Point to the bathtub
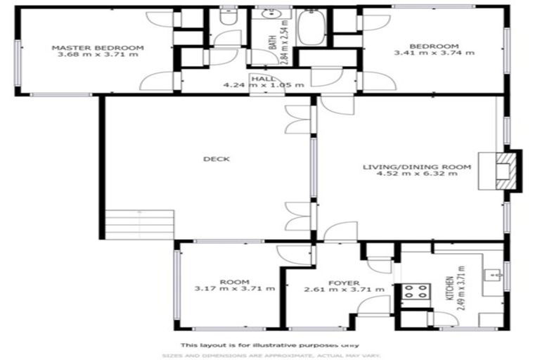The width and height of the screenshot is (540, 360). [309, 29]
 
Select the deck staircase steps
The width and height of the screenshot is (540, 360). [139, 224]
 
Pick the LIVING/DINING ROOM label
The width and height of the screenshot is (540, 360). [416, 167]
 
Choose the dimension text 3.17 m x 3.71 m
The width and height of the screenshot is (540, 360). [234, 289]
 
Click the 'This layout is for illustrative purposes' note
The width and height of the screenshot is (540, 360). [270, 345]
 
